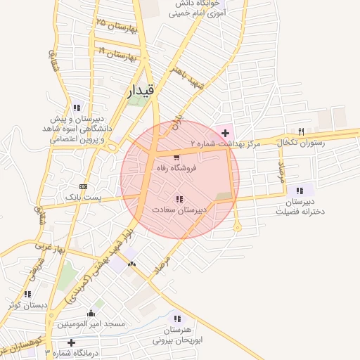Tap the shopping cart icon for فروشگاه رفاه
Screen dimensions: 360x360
tap(176, 157)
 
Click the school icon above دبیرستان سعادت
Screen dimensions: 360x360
tap(179, 199)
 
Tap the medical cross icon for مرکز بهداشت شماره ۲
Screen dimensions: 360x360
tap(225, 132)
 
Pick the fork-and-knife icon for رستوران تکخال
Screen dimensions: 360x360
tap(302, 131)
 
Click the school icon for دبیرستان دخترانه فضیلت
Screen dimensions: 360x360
tap(300, 190)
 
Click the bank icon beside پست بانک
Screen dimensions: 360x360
tap(84, 187)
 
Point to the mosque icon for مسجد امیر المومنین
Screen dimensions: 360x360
tap(91, 313)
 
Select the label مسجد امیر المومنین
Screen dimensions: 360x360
tap(91, 324)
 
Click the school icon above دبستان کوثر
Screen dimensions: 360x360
tap(27, 294)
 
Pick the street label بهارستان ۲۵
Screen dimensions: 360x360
tap(116, 26)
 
